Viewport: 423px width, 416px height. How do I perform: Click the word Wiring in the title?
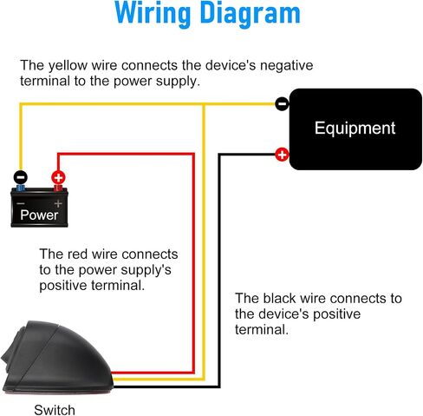(x=153, y=14)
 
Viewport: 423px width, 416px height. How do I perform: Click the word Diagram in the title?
(x=251, y=14)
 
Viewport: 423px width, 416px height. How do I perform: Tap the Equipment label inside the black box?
(x=355, y=129)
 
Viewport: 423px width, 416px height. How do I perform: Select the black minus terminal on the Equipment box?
(x=282, y=103)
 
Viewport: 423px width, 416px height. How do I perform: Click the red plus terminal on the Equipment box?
(x=282, y=155)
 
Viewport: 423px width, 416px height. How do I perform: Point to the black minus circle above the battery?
(x=20, y=177)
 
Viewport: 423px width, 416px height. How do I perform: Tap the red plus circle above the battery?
(x=58, y=177)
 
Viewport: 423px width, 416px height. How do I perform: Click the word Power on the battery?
(x=39, y=215)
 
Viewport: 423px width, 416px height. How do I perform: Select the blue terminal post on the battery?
(x=21, y=188)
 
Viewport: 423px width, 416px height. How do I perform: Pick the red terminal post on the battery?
(x=58, y=188)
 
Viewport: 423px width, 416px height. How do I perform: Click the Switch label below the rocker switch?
(x=55, y=410)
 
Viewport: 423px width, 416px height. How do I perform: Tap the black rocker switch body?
(x=57, y=358)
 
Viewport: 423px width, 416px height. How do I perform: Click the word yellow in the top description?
(x=68, y=66)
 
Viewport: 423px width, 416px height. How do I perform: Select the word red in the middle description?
(x=77, y=254)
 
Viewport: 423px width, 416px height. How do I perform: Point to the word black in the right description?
(x=279, y=298)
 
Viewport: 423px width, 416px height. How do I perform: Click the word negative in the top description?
(x=286, y=66)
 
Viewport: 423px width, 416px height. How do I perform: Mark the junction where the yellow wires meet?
(x=204, y=104)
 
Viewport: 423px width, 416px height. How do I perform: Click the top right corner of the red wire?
(x=193, y=155)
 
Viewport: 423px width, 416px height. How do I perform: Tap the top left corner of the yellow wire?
(x=21, y=104)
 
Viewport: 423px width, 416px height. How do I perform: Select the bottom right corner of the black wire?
(x=219, y=386)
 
